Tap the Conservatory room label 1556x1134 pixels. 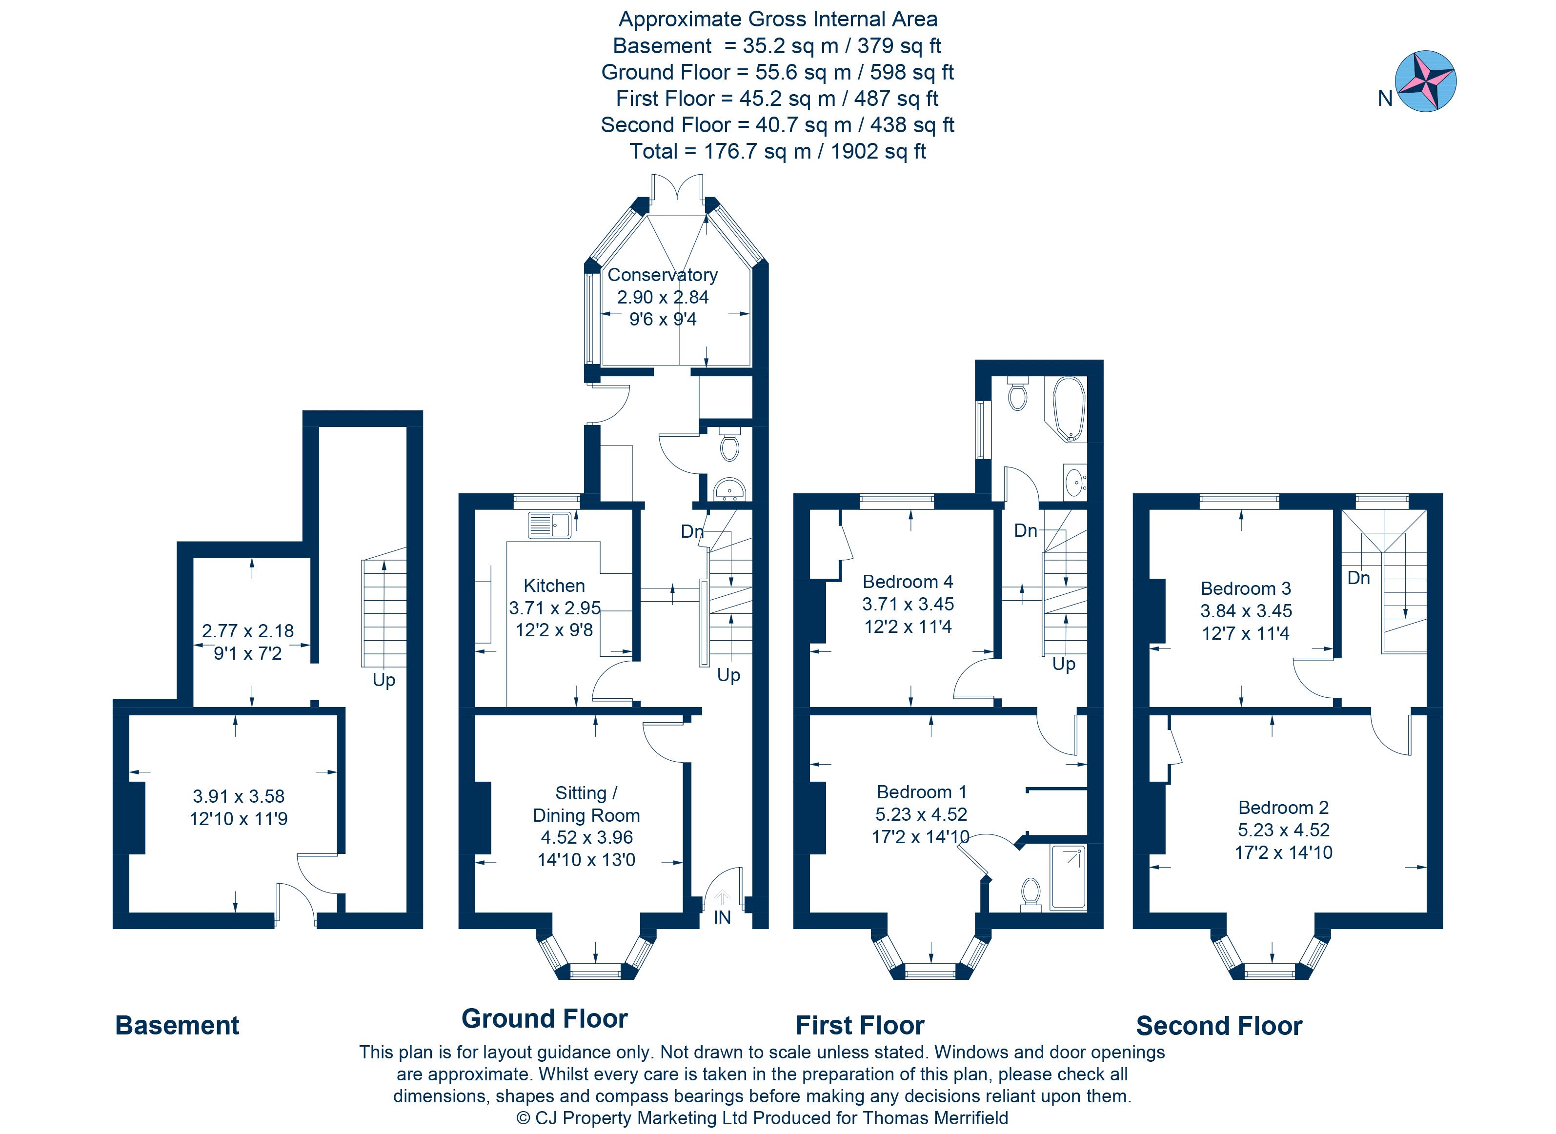(x=662, y=275)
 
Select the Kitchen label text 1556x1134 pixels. (x=554, y=586)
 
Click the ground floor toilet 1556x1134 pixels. (x=729, y=445)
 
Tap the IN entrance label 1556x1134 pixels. (x=722, y=917)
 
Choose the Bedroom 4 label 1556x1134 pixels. (x=908, y=582)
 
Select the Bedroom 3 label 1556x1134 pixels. (x=1245, y=588)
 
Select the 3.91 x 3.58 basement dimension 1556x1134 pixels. (x=238, y=796)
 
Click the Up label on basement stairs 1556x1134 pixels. (x=384, y=680)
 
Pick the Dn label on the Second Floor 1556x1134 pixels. (x=1358, y=578)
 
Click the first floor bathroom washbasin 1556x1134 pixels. (x=1074, y=482)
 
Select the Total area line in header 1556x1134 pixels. (x=778, y=151)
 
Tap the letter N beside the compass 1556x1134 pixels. (x=1385, y=100)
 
